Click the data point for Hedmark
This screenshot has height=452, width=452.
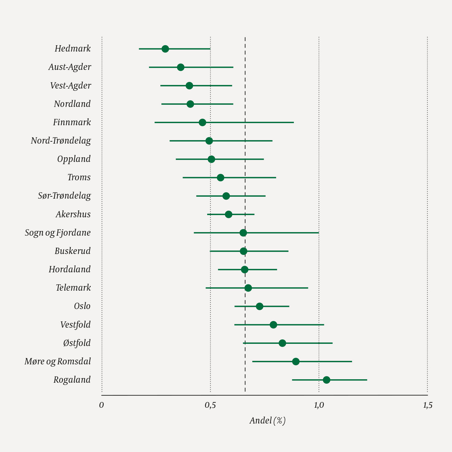click(165, 49)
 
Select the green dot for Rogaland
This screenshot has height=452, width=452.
click(326, 380)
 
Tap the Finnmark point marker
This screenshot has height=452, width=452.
click(202, 122)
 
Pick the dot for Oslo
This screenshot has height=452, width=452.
click(259, 306)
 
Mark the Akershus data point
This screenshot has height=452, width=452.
click(228, 214)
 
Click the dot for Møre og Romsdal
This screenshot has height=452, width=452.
click(296, 362)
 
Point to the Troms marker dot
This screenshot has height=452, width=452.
click(220, 177)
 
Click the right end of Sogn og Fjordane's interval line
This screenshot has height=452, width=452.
click(319, 233)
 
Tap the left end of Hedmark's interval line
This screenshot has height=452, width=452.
click(139, 49)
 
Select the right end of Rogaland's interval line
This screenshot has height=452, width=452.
click(367, 380)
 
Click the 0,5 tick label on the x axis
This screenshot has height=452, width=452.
click(210, 405)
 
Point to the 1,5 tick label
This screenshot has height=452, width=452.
click(428, 405)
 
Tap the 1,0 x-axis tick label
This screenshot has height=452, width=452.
click(319, 405)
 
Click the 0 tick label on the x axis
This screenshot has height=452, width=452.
click(101, 405)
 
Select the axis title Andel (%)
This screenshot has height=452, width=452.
click(268, 421)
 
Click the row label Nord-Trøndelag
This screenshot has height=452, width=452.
click(61, 141)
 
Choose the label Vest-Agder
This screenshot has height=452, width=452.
click(71, 86)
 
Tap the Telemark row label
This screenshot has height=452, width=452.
click(73, 288)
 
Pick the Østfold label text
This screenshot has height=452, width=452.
click(77, 343)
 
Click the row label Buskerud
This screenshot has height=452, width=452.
click(72, 251)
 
